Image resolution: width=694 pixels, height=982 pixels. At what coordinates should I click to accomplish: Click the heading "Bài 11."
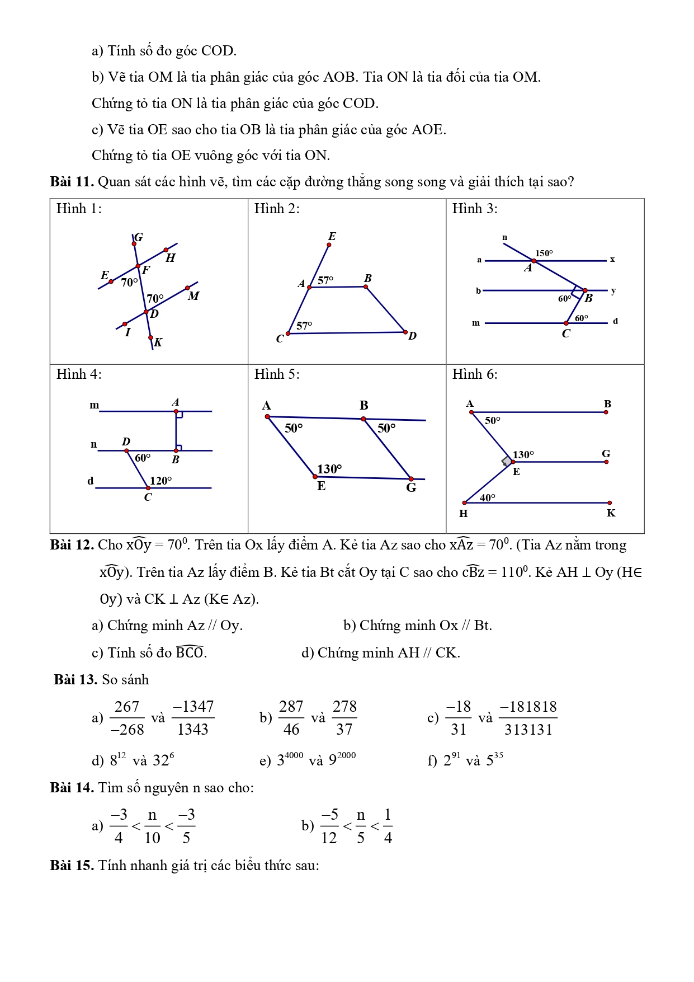coord(72,182)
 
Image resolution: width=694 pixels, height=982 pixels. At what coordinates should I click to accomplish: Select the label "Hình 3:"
coord(474,209)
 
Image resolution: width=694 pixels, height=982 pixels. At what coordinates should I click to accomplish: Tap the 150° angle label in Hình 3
coord(544,253)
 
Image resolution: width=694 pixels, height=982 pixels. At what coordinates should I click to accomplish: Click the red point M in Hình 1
coord(187,288)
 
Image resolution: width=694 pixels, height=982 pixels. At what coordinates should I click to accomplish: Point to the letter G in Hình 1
coord(139,237)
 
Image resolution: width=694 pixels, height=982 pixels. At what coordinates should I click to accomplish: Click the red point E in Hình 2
coord(329,245)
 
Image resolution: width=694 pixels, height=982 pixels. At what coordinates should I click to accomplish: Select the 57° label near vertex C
coord(304,326)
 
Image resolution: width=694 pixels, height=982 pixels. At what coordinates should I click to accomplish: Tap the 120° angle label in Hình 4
coord(160,481)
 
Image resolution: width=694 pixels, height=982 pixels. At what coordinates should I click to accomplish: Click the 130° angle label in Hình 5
coord(329,469)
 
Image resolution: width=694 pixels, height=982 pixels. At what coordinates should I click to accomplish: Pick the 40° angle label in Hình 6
coord(488,497)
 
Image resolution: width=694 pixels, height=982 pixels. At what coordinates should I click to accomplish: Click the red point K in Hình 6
coord(610,503)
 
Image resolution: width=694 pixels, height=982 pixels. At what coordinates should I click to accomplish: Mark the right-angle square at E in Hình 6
coord(506,462)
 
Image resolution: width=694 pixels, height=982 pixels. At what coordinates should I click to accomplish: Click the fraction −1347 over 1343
coord(193,718)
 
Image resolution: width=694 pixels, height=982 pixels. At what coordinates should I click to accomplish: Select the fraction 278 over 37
coord(344,718)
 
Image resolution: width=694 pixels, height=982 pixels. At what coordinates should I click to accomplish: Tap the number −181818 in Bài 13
coord(528,707)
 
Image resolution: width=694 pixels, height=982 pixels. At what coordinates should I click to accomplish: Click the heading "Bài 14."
coord(72,788)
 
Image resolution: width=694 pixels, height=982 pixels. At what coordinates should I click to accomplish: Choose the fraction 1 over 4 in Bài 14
coord(388,826)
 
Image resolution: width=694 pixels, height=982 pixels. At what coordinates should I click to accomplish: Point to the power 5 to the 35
coord(494,760)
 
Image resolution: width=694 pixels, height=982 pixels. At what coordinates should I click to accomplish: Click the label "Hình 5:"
coord(276,374)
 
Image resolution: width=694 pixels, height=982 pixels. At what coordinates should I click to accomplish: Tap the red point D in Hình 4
coord(126,450)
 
